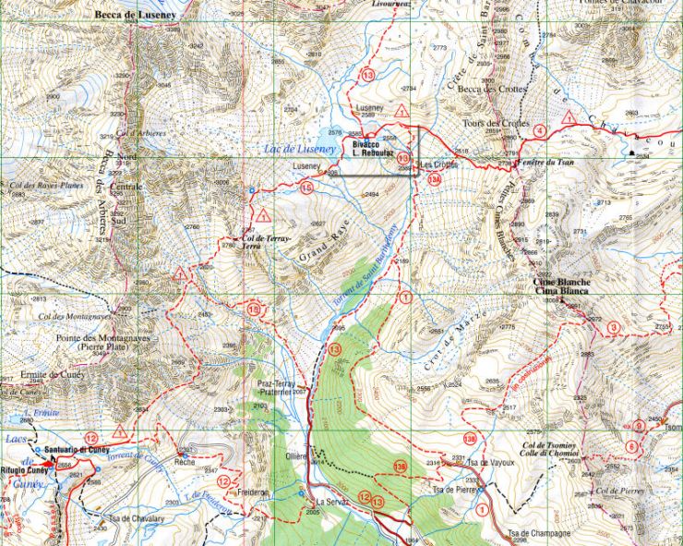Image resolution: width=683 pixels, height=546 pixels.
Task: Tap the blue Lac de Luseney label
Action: pyautogui.click(x=297, y=148)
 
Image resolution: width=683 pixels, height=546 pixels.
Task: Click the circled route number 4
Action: pyautogui.click(x=539, y=130)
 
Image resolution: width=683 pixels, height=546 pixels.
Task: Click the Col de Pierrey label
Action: pyautogui.click(x=618, y=489)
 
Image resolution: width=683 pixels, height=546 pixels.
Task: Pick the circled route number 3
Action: pyautogui.click(x=614, y=328)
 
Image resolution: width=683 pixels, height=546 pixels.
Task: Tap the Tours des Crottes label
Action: pyautogui.click(x=496, y=123)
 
